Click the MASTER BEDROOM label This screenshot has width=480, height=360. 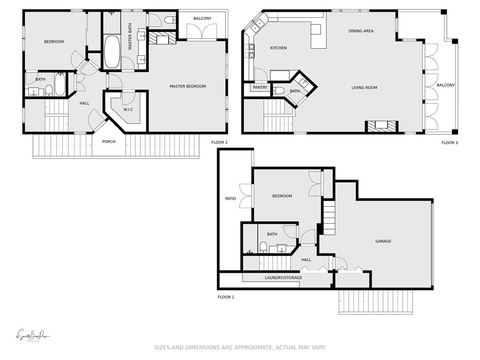(x=187, y=86)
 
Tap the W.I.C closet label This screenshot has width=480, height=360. (x=129, y=110)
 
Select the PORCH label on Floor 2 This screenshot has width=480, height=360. (x=109, y=142)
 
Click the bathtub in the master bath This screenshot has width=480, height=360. (x=112, y=52)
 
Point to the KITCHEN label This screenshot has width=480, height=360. (x=278, y=48)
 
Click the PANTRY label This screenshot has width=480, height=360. (x=260, y=88)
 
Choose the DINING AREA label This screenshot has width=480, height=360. (x=361, y=31)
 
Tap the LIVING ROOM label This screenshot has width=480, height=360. (x=364, y=88)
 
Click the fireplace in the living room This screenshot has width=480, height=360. (x=382, y=126)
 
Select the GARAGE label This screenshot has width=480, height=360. (x=383, y=241)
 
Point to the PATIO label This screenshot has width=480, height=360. (x=230, y=199)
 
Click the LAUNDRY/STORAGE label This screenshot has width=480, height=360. (x=283, y=278)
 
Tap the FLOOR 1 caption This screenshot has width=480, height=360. (x=226, y=297)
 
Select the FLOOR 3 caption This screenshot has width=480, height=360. (x=450, y=142)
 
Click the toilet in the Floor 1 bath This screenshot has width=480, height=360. (x=263, y=247)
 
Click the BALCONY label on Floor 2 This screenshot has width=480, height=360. (x=202, y=19)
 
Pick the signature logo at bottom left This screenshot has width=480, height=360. (x=32, y=336)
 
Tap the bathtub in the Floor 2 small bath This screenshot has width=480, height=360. (x=60, y=85)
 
